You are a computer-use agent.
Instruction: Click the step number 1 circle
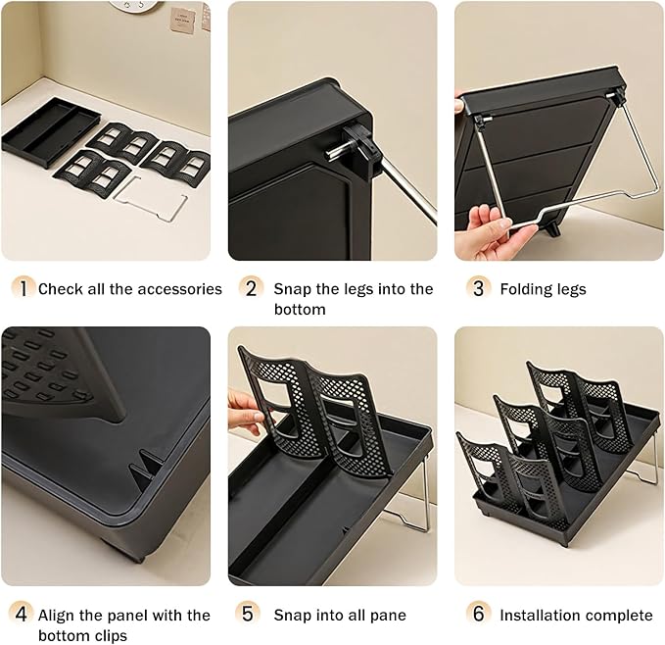23,288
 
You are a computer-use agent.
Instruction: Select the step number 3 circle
478,288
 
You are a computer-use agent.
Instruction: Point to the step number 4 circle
23,615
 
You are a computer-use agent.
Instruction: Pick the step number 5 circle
251,615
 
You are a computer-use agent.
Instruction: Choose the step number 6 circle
478,615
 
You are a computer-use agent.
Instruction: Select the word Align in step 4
58,615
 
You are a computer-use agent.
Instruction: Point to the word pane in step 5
387,615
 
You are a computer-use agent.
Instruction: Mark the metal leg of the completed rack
646,461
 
